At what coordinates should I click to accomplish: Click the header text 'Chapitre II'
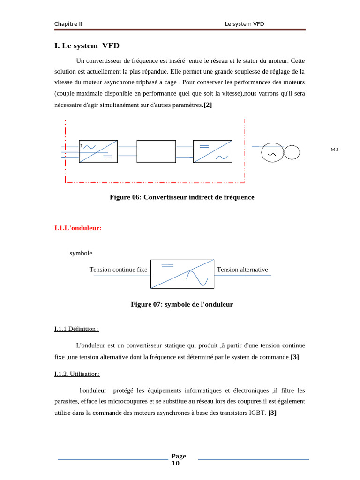(68, 24)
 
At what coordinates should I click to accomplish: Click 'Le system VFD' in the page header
(244, 24)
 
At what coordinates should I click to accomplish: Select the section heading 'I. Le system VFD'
(87, 46)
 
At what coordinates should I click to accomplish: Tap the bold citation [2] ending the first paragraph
(207, 105)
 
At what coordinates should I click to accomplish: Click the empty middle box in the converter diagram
(156, 151)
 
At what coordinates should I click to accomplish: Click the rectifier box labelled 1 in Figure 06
(98, 151)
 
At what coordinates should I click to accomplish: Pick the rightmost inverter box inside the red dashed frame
(212, 151)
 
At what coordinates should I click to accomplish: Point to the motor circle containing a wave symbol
(272, 153)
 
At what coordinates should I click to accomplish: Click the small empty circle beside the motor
(292, 152)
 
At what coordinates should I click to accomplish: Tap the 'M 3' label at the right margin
(334, 150)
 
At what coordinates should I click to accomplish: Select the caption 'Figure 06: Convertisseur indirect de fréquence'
(182, 197)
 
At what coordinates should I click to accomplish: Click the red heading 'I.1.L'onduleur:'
(78, 228)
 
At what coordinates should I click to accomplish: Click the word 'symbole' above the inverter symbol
(81, 253)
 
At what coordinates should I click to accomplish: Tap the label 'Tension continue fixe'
(118, 270)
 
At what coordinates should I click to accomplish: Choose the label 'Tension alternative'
(242, 270)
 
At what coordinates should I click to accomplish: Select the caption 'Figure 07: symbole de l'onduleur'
(182, 305)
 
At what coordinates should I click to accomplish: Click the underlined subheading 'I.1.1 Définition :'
(76, 329)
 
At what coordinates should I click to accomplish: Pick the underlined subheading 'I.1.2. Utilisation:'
(77, 374)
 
